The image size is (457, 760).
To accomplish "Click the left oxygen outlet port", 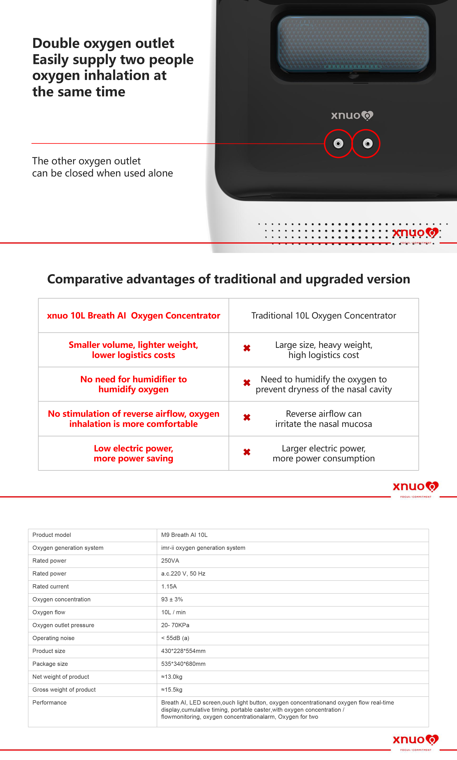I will [x=338, y=144].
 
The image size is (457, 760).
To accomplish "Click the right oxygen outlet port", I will [x=367, y=144].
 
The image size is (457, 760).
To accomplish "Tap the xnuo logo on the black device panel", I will [x=352, y=116].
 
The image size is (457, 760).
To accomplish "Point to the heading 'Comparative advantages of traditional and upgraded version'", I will [x=228, y=279].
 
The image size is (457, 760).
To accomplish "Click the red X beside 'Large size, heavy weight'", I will [x=247, y=348].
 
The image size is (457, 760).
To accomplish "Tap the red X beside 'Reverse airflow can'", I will [x=247, y=417].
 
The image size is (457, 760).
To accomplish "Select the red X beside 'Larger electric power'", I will [x=247, y=452].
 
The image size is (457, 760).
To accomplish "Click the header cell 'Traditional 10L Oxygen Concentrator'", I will [x=323, y=315].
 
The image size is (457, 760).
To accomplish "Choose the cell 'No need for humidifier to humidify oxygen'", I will [x=133, y=384].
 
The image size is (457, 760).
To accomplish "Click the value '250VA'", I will [x=170, y=560].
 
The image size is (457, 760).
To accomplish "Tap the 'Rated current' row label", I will [x=50, y=586].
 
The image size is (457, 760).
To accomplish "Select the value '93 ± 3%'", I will [x=172, y=599].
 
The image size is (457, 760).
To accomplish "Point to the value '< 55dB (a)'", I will [x=175, y=638].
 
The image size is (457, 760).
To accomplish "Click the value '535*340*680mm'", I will [x=183, y=664].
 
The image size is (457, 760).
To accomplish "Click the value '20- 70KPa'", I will [x=175, y=625].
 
